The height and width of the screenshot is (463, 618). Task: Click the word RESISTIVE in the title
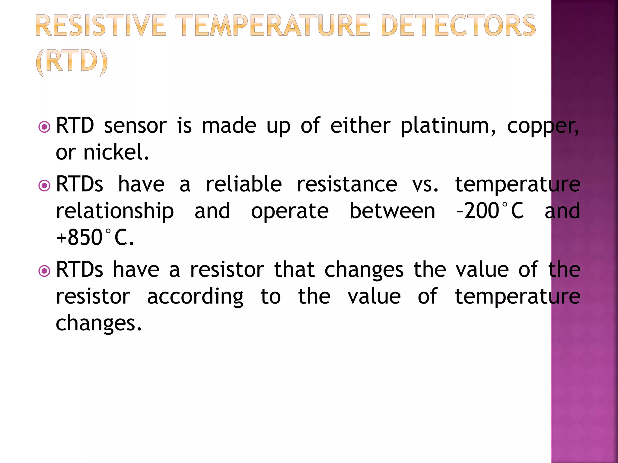pos(101,26)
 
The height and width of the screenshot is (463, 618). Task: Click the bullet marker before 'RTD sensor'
pos(45,127)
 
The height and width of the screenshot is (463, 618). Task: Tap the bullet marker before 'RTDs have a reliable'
pos(45,185)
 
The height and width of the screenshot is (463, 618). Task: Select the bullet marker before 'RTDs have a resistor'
pos(45,271)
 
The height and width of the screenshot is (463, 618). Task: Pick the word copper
pos(542,126)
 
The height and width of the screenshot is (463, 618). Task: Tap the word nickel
pos(116,152)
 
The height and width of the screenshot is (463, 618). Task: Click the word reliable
pos(244,184)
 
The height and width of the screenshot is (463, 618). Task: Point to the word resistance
pos(347,184)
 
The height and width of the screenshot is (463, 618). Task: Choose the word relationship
pos(115,211)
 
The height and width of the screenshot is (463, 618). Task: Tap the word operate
pos(290,211)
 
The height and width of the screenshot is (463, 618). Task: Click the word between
pos(392,211)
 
